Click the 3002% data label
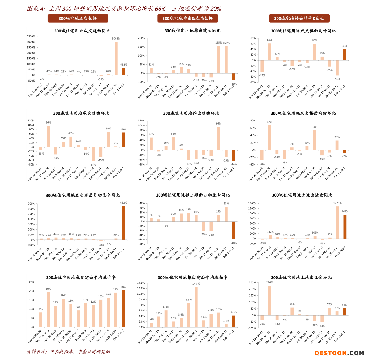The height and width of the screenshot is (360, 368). point(116,39)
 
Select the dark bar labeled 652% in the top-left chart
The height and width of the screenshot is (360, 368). point(124,71)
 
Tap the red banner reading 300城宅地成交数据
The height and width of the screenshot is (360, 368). point(78,19)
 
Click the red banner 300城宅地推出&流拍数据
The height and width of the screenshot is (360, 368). point(188,19)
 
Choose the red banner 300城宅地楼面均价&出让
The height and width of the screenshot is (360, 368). point(299,19)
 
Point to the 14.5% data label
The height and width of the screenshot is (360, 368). point(196,284)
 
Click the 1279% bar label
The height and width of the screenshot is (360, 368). point(337,203)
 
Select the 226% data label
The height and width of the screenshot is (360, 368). point(269,282)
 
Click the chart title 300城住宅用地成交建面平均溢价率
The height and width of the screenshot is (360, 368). point(81,277)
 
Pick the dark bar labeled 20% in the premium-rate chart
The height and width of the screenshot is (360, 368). point(123,308)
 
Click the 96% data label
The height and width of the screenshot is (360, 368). point(48,123)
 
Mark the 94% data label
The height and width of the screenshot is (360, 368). point(218,124)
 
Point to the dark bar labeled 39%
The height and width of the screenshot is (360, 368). point(345,55)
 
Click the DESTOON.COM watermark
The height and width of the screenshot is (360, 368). point(339,353)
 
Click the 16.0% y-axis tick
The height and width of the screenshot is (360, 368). point(141,283)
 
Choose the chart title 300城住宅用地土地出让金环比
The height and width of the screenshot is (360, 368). point(301,277)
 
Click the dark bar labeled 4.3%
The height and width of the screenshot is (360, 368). point(234,321)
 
